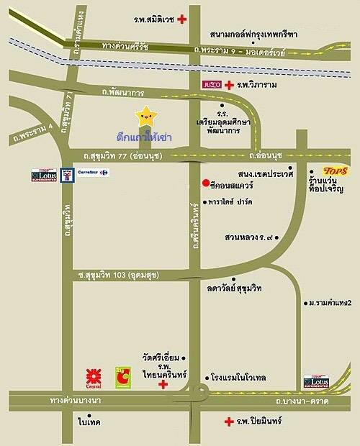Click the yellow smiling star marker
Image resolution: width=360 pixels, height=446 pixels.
pyautogui.click(x=147, y=115)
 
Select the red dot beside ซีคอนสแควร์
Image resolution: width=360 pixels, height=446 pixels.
pyautogui.click(x=205, y=182)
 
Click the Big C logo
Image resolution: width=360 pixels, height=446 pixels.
pyautogui.click(x=125, y=376)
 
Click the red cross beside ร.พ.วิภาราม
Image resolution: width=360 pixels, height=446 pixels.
pyautogui.click(x=229, y=85)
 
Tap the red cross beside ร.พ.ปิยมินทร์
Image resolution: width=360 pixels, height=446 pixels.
pyautogui.click(x=228, y=422)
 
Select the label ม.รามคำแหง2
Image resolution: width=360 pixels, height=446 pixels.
pyautogui.click(x=332, y=303)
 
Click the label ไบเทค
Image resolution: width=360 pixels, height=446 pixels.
pyautogui.click(x=90, y=422)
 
